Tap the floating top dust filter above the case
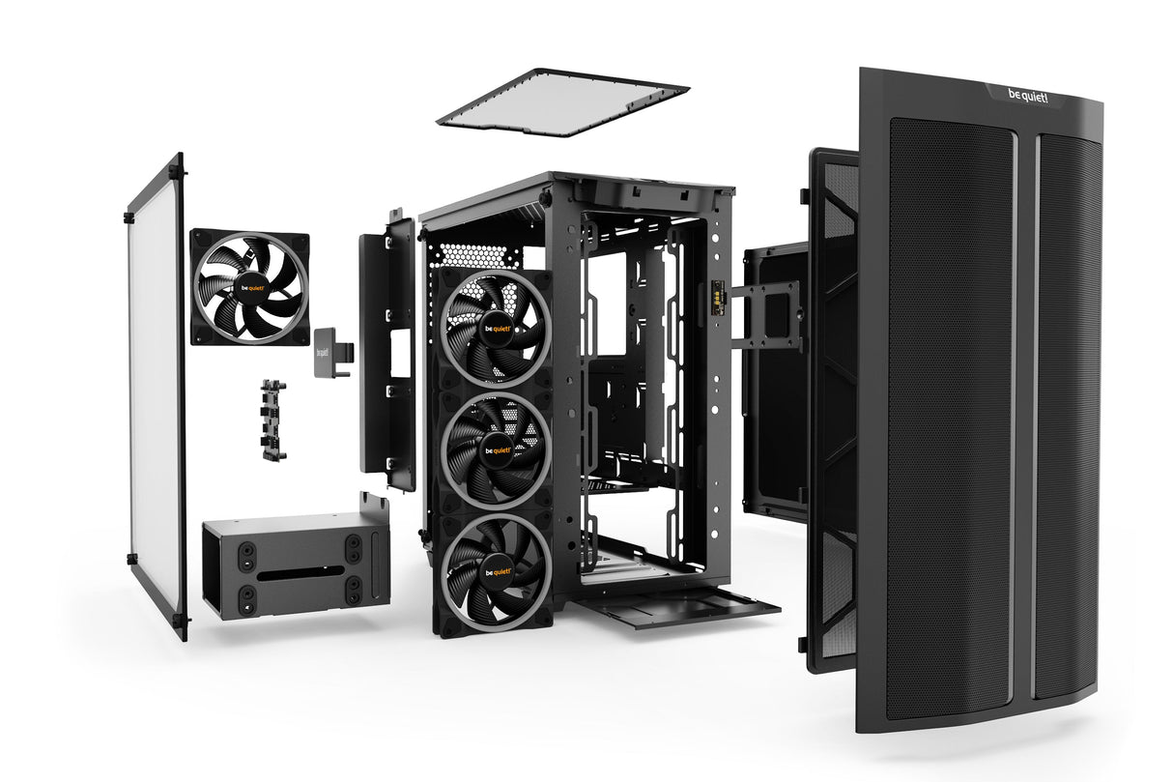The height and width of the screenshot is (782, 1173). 562,101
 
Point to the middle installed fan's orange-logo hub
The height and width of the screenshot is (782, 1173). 497,449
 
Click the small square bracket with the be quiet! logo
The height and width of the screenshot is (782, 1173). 327,348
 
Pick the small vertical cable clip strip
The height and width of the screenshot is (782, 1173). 272,418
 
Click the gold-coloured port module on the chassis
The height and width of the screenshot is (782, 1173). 718,295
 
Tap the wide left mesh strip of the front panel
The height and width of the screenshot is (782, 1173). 949,416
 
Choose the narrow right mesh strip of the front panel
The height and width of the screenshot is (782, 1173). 1066,416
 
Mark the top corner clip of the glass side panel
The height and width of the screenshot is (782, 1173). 176,173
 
